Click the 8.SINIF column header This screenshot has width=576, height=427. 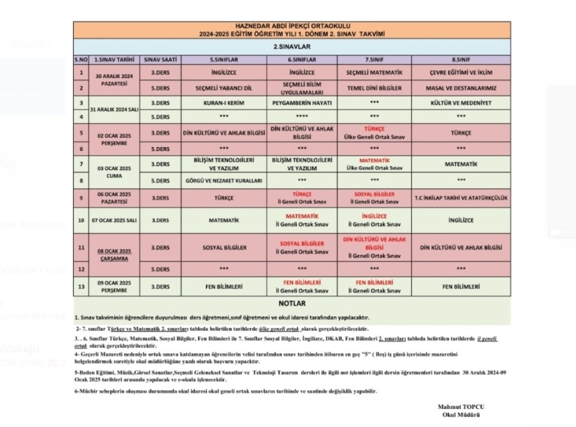[x=461, y=59]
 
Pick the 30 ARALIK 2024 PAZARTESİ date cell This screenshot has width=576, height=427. [x=114, y=79]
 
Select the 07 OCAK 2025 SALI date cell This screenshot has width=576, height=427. [x=114, y=220]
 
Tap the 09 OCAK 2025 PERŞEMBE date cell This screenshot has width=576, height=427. [x=114, y=286]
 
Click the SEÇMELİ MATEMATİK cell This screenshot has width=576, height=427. [x=374, y=73]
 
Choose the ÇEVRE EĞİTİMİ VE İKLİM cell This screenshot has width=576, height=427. [x=461, y=73]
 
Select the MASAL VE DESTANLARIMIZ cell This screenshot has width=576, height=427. [x=461, y=88]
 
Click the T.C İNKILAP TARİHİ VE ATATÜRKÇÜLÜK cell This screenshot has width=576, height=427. [x=461, y=198]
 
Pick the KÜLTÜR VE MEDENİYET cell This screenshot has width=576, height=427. [x=461, y=103]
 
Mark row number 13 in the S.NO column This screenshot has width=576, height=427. [x=81, y=286]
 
